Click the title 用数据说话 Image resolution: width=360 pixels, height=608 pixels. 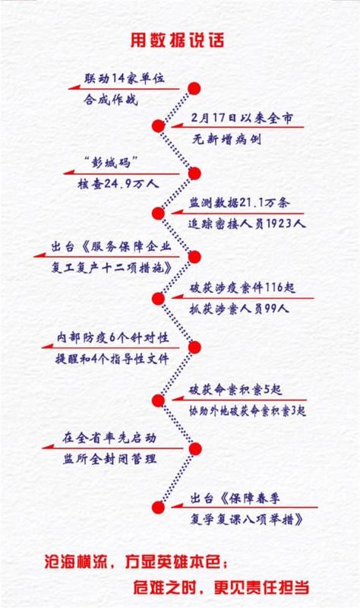point(177,40)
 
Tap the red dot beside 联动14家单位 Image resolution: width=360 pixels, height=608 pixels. point(194,88)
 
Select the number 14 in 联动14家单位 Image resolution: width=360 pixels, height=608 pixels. point(118,79)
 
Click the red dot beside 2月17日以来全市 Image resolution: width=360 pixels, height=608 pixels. point(158,125)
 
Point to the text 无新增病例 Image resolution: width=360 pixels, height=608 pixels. point(226,139)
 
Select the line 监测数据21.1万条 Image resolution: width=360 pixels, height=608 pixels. point(239,203)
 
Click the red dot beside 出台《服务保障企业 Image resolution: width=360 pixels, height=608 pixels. point(194,257)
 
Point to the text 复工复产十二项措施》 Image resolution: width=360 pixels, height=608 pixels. point(112,268)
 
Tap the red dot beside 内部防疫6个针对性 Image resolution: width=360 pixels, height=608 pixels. point(194,347)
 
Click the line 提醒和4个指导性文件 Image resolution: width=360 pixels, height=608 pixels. point(112,359)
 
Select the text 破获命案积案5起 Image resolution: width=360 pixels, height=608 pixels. point(235,390)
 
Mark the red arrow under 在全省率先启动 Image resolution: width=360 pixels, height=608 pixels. point(112,448)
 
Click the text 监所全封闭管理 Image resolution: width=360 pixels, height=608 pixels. point(109,460)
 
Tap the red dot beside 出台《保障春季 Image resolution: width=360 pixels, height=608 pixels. point(158,507)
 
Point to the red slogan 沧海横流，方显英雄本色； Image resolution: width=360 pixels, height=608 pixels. point(137,562)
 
